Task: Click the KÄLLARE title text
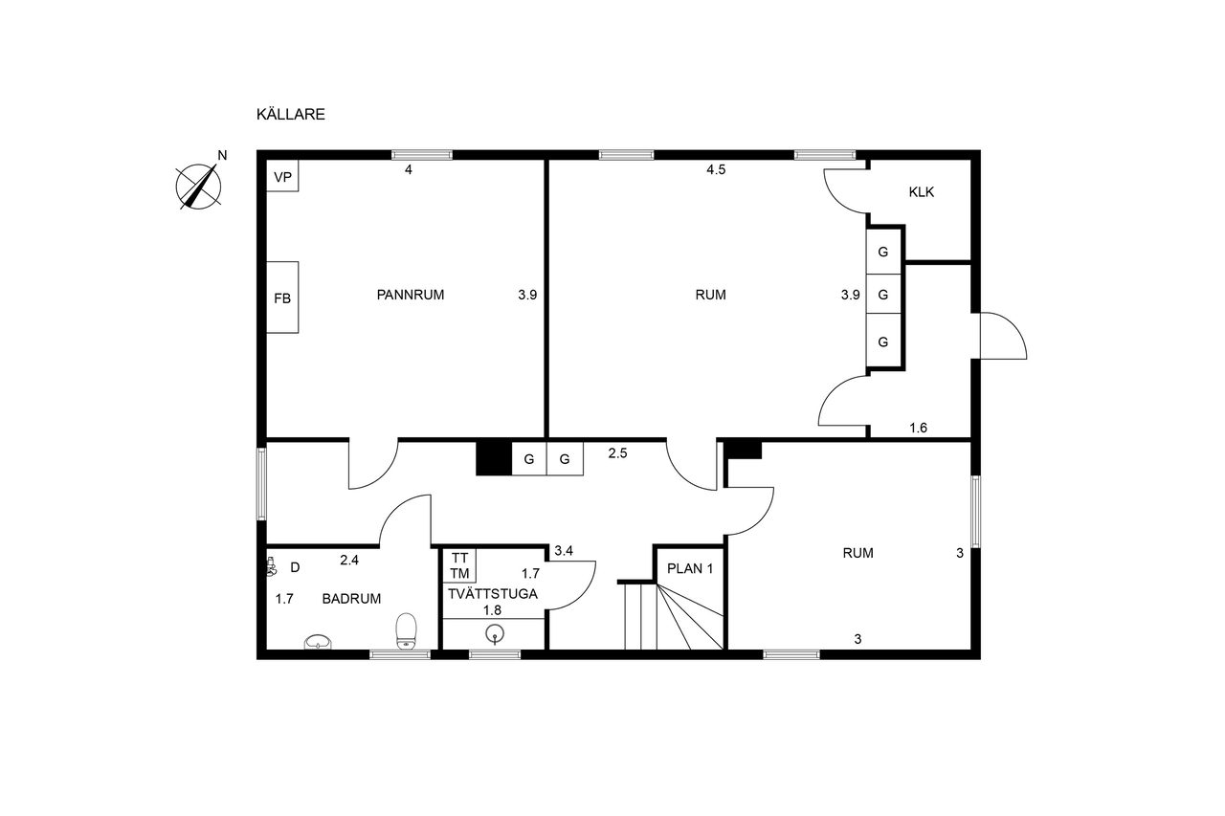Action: click(x=290, y=114)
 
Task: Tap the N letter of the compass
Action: click(x=222, y=155)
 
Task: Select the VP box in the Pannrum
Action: click(x=282, y=175)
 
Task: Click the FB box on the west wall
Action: click(x=282, y=297)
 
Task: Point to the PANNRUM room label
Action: click(x=411, y=296)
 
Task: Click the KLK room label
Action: click(x=922, y=192)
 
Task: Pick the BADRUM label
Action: click(x=351, y=599)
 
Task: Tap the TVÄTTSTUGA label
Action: click(x=493, y=594)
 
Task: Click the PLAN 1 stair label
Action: click(x=690, y=569)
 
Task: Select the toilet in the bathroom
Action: click(x=407, y=631)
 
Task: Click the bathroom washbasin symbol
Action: click(x=318, y=642)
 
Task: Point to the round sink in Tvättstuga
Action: click(x=495, y=634)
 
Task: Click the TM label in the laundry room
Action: click(x=460, y=573)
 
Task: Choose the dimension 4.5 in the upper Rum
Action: click(x=716, y=170)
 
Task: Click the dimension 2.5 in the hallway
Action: click(x=617, y=453)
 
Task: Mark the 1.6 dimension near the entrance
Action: click(x=918, y=428)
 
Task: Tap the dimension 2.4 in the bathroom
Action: click(x=349, y=561)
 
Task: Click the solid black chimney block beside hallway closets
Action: click(x=494, y=458)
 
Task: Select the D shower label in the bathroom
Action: click(x=295, y=568)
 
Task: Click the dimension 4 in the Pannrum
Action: click(x=408, y=170)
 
